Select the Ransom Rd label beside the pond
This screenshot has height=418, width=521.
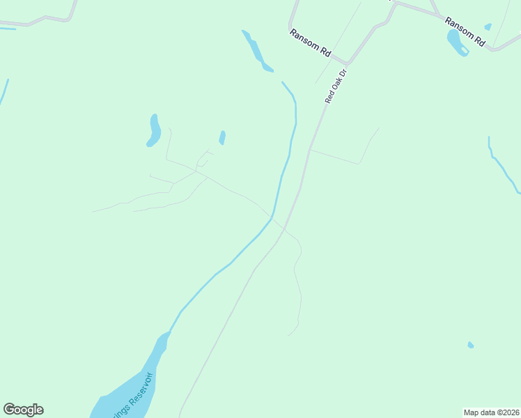tap(465, 31)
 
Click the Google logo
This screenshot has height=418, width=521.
tap(23, 410)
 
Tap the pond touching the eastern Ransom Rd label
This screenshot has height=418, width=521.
tap(457, 43)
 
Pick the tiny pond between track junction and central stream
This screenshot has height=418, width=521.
tap(222, 137)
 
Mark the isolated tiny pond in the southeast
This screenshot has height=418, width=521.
tap(471, 345)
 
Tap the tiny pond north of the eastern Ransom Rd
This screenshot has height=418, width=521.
tap(488, 27)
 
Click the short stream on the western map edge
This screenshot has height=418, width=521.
tap(4, 93)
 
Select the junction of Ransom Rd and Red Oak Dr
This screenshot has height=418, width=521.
tap(346, 63)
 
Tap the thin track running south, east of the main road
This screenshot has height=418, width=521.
tap(297, 286)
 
